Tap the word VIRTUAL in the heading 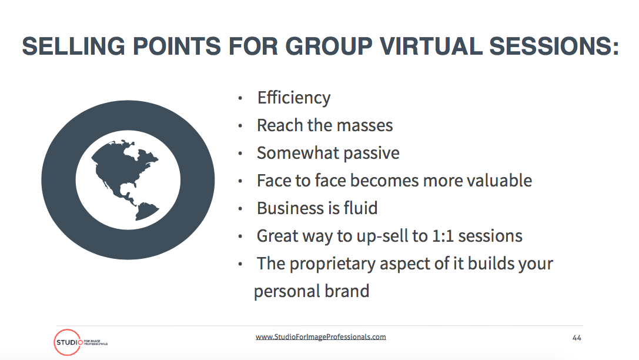click(431, 46)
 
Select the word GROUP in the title click(330, 46)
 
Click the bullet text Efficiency click(294, 98)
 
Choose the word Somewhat click(298, 153)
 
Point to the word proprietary click(333, 264)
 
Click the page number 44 click(577, 338)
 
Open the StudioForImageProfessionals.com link click(321, 336)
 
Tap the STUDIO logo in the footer click(81, 342)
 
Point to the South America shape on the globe click(146, 211)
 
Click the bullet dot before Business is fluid click(240, 209)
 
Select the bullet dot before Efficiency click(240, 98)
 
